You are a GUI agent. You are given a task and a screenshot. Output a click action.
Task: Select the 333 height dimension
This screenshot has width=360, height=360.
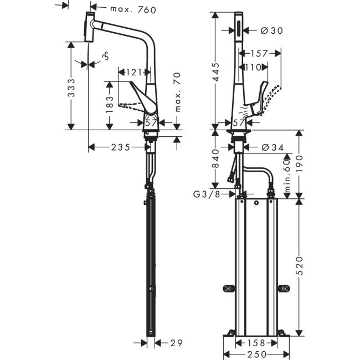click(x=71, y=96)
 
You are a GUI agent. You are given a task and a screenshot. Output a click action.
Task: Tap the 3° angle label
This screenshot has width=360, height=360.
click(x=105, y=56)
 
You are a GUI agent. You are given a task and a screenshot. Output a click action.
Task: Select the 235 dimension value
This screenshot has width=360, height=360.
click(x=120, y=147)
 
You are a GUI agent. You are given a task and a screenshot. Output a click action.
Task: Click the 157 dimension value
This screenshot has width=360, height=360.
click(x=258, y=54)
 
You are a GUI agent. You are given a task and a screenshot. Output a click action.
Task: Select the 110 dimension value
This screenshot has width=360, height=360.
click(x=252, y=68)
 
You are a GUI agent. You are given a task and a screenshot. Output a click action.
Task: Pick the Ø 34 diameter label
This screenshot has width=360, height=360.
click(x=272, y=147)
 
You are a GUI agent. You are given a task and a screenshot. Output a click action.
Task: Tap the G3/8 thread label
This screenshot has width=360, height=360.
click(x=205, y=194)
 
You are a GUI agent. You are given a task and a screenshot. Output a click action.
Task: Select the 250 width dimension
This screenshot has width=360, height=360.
click(x=255, y=353)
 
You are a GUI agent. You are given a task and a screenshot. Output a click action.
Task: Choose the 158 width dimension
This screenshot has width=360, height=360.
click(x=255, y=343)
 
